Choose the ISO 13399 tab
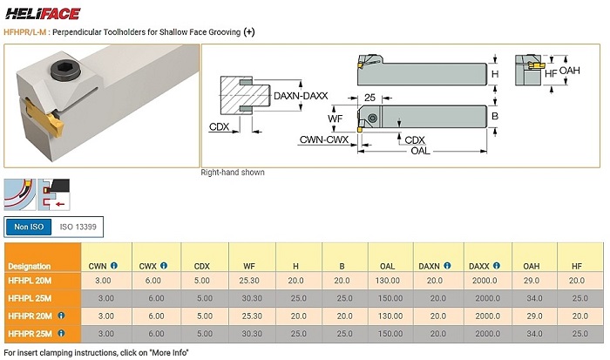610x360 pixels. pyautogui.click(x=77, y=227)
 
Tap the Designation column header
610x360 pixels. pyautogui.click(x=29, y=265)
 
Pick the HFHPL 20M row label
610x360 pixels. pyautogui.click(x=30, y=281)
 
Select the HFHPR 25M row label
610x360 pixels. pyautogui.click(x=30, y=333)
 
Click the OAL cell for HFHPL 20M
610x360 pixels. pyautogui.click(x=387, y=281)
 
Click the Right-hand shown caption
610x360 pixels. pyautogui.click(x=233, y=173)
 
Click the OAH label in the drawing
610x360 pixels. pyautogui.click(x=570, y=71)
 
